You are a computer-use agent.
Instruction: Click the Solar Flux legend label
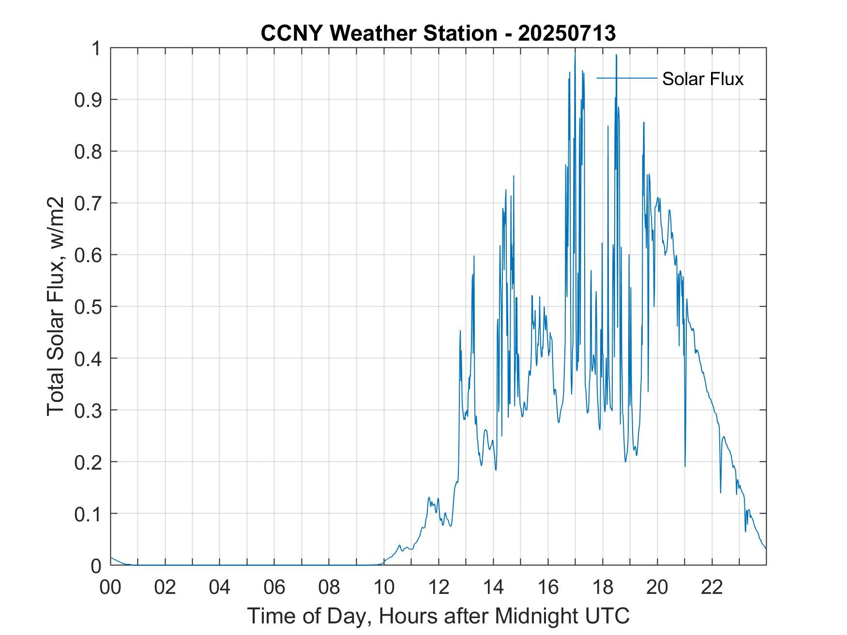pos(702,79)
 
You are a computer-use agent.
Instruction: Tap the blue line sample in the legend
pos(627,78)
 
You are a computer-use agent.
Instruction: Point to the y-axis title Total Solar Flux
pos(56,306)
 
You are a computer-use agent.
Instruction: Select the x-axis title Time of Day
pos(439,616)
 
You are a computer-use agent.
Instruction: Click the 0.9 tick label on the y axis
pos(88,100)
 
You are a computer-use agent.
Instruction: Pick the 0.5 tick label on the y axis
pos(88,307)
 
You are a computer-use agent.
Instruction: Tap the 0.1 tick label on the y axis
pos(88,514)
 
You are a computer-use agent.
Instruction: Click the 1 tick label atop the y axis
pos(97,48)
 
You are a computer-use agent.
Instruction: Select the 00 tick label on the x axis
pos(110,587)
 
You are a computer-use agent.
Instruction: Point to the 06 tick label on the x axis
pos(274,587)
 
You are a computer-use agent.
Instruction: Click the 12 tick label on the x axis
pos(439,587)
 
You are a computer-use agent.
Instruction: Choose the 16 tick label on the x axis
pos(548,587)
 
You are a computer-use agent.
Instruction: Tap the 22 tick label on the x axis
pos(712,587)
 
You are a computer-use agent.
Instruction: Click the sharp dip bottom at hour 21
pos(685,466)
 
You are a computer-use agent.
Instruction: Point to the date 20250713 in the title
pos(567,33)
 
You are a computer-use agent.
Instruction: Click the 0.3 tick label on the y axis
pos(88,410)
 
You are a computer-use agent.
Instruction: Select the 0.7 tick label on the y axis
pos(88,203)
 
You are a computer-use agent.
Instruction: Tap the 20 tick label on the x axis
pos(657,587)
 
